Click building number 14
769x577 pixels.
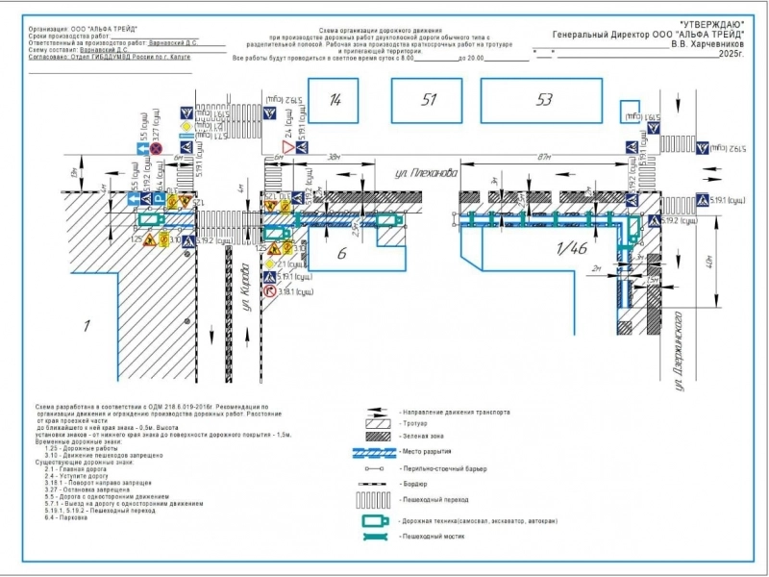[x=336, y=100]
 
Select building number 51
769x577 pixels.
[x=429, y=100]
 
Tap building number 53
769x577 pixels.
[x=545, y=100]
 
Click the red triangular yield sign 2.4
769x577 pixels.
[x=287, y=152]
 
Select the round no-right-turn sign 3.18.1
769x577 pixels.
[x=271, y=288]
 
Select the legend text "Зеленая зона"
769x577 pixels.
[x=424, y=436]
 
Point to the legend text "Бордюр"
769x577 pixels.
[x=415, y=484]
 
